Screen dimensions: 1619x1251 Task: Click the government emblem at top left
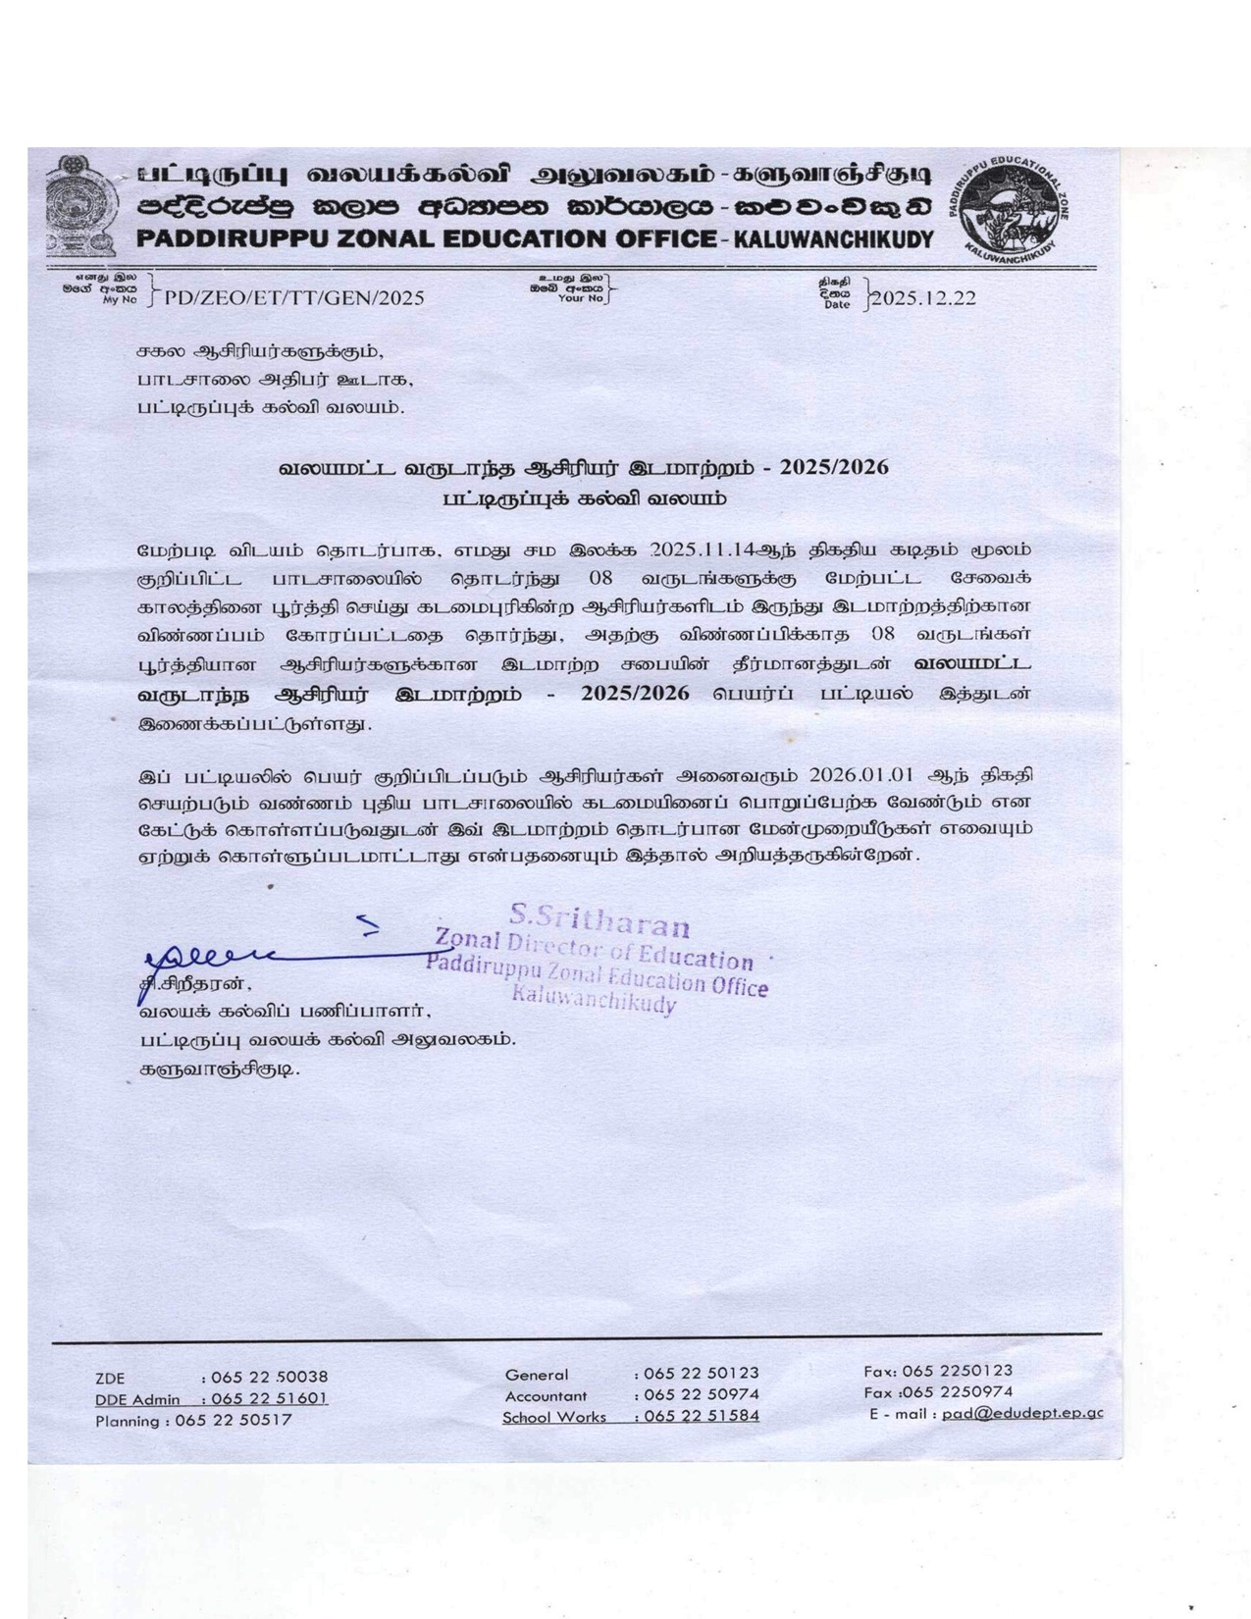(81, 205)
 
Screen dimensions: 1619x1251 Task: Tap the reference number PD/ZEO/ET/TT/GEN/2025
(294, 298)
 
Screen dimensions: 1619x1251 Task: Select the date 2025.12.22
(923, 298)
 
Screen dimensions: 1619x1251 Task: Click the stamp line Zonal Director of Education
(594, 950)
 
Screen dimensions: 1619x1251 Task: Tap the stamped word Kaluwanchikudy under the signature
(594, 1003)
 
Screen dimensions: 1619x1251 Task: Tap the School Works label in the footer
(554, 1417)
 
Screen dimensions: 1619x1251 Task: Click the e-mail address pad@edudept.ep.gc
(1021, 1413)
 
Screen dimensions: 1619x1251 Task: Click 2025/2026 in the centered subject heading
(834, 467)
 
